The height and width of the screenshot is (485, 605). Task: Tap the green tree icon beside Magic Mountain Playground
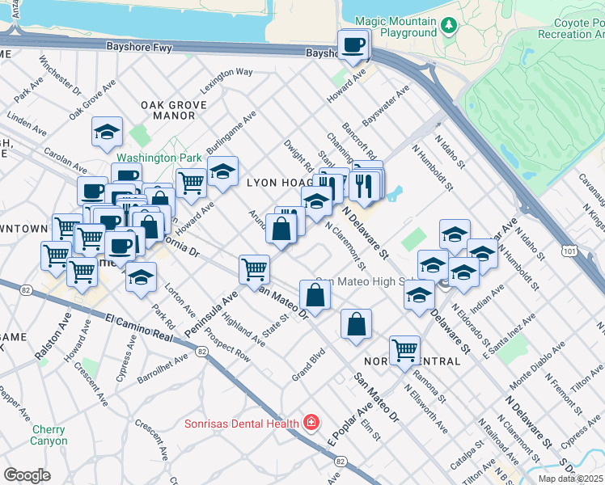[451, 27]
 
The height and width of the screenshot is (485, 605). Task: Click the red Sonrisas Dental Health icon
[310, 423]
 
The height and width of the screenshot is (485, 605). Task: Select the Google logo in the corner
[27, 474]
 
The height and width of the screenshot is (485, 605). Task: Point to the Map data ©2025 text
[570, 479]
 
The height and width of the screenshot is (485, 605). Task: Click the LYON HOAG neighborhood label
[280, 184]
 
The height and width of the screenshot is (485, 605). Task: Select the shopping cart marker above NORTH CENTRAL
[404, 350]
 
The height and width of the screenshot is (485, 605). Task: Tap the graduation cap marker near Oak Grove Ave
[106, 132]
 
